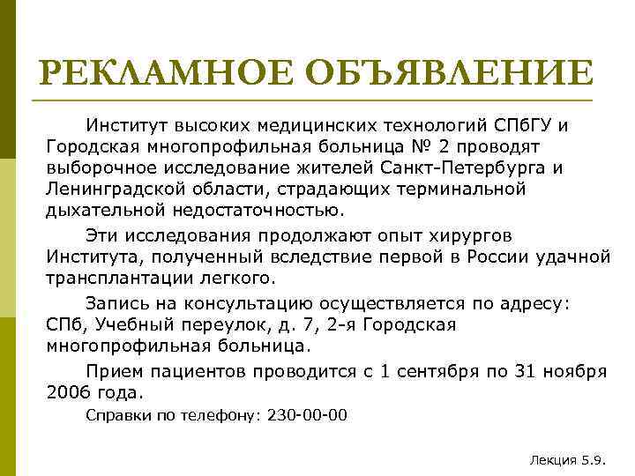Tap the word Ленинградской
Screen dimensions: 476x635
coord(110,188)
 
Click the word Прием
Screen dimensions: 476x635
coord(113,371)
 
